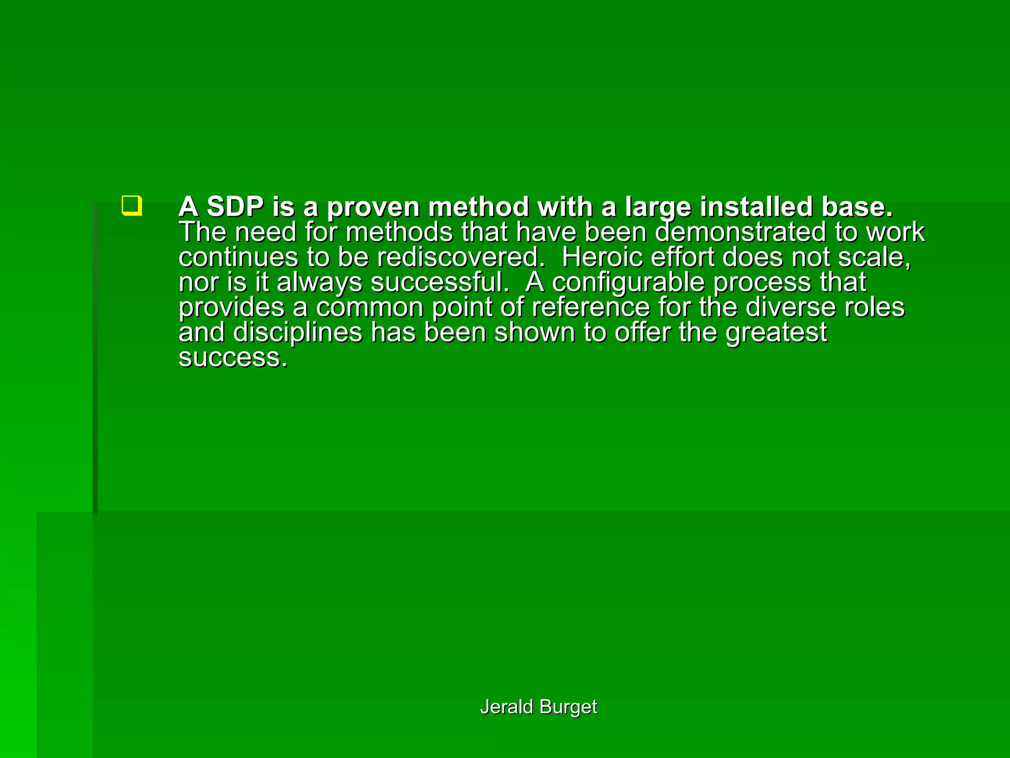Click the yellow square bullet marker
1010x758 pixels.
132,206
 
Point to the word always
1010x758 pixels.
319,283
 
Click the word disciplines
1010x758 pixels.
297,333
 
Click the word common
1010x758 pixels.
369,307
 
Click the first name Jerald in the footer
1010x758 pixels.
506,707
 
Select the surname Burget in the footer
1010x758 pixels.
568,707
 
